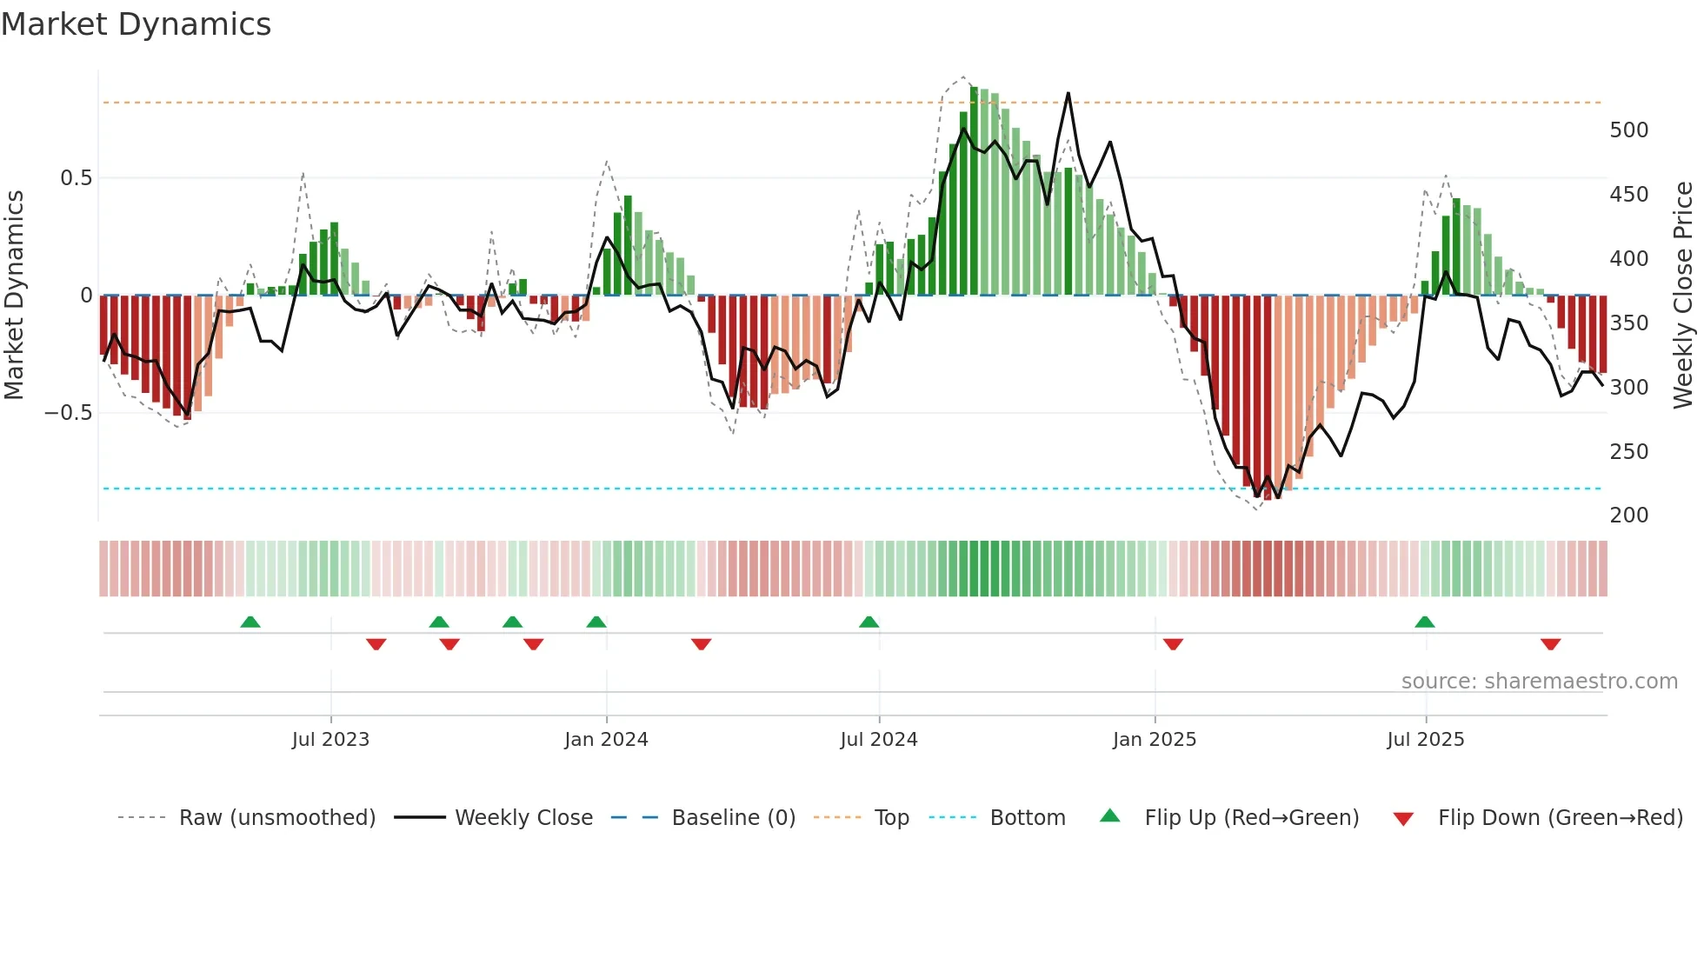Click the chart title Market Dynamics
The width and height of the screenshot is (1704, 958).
pyautogui.click(x=136, y=24)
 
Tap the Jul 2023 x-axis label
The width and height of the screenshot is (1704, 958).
pyautogui.click(x=330, y=740)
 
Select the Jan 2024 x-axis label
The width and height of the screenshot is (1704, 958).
pyautogui.click(x=606, y=740)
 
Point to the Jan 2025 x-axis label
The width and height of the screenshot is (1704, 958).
pyautogui.click(x=1155, y=740)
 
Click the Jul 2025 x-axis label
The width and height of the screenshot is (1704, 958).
pyautogui.click(x=1426, y=740)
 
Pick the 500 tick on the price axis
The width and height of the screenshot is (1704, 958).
pyautogui.click(x=1629, y=130)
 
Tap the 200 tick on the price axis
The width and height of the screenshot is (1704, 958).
pyautogui.click(x=1629, y=516)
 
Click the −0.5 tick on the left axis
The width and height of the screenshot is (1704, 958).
pyautogui.click(x=68, y=413)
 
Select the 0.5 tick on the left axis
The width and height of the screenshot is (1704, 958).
pyautogui.click(x=76, y=178)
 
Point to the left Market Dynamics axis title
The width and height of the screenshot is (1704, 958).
pyautogui.click(x=14, y=296)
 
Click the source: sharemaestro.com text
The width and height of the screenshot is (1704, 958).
pyautogui.click(x=1539, y=682)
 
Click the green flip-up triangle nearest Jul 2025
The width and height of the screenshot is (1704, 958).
pyautogui.click(x=1424, y=622)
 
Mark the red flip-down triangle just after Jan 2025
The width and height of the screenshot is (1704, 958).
pyautogui.click(x=1173, y=644)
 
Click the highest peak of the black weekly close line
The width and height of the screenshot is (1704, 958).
pyautogui.click(x=1068, y=94)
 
